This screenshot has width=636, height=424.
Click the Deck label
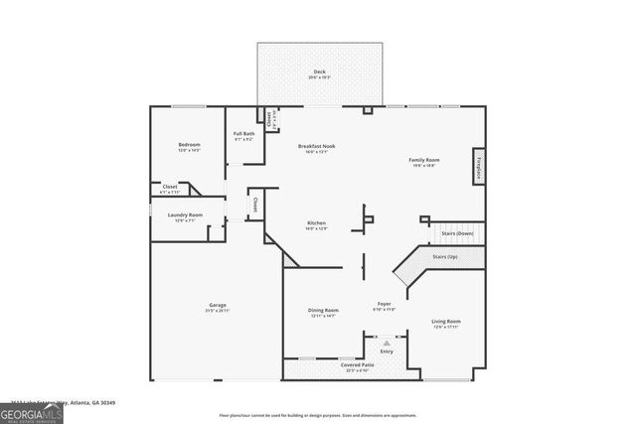(319, 72)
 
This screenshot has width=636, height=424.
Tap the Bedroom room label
(189, 146)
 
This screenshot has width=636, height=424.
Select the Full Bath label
(243, 135)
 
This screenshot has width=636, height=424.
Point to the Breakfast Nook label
(317, 147)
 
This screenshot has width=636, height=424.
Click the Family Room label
(425, 161)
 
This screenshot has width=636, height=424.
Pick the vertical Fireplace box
(479, 169)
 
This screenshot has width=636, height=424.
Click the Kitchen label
(317, 223)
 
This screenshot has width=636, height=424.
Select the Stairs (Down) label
(457, 233)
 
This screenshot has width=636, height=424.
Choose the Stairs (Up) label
(445, 256)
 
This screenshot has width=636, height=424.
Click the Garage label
(218, 306)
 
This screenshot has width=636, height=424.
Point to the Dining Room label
(323, 311)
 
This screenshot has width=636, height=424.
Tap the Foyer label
(384, 304)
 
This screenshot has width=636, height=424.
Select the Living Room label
(445, 322)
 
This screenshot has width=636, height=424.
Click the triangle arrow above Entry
(387, 343)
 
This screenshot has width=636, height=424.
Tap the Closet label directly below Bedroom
(170, 187)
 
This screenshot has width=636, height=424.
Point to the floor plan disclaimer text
(318, 416)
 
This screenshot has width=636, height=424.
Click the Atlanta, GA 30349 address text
(99, 403)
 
